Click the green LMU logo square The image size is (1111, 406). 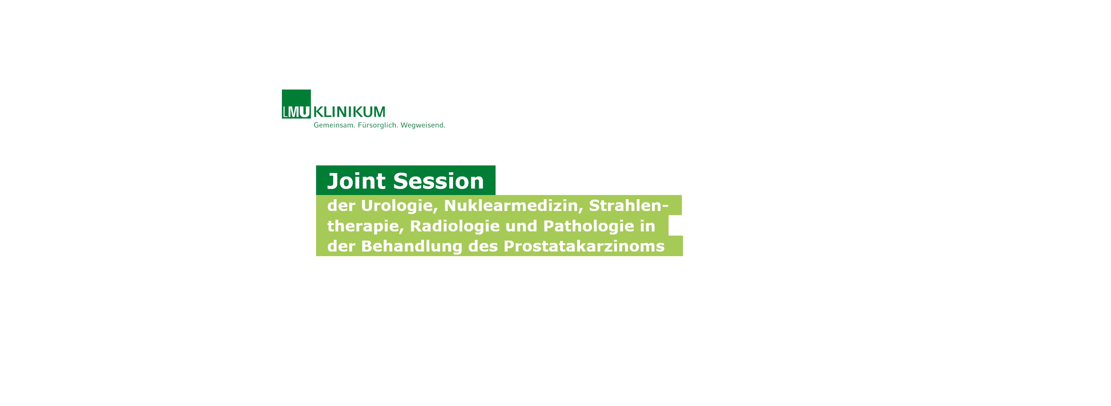pyautogui.click(x=296, y=104)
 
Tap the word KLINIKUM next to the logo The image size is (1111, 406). pyautogui.click(x=349, y=112)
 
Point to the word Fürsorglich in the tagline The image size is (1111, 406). pyautogui.click(x=378, y=125)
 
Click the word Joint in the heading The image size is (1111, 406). pyautogui.click(x=356, y=181)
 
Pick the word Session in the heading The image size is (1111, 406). pyautogui.click(x=439, y=181)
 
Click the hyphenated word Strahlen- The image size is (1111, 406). pyautogui.click(x=629, y=206)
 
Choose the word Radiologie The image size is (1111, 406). pyautogui.click(x=455, y=226)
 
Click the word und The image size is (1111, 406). pyautogui.click(x=521, y=226)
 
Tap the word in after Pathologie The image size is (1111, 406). pyautogui.click(x=648, y=226)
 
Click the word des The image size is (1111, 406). pyautogui.click(x=483, y=246)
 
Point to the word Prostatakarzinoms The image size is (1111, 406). pyautogui.click(x=584, y=246)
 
